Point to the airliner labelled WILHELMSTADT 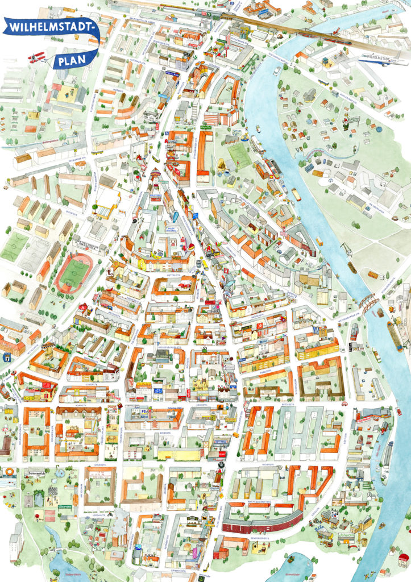click(x=379, y=56)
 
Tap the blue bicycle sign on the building click(x=157, y=390)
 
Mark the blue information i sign click(x=6, y=357)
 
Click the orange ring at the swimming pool click(x=8, y=471)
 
